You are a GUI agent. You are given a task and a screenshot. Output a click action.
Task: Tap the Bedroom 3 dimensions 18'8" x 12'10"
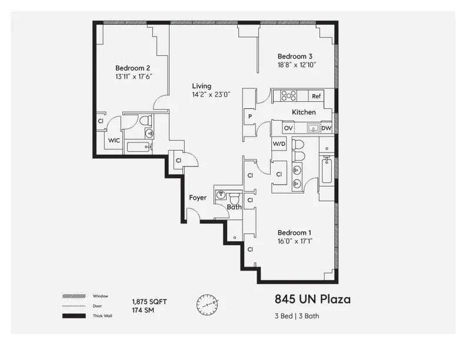tap(297, 65)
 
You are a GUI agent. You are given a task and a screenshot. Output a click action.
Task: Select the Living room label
tap(201, 86)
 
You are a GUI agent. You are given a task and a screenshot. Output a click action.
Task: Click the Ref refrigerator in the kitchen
tap(317, 96)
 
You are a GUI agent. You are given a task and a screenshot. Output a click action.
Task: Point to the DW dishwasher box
tap(326, 128)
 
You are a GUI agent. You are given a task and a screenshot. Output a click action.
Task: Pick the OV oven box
tap(288, 128)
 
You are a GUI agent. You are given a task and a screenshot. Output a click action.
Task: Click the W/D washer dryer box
tap(279, 143)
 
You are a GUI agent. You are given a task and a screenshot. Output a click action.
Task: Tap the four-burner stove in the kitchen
tap(288, 96)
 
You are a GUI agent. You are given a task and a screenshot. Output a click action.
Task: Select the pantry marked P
tap(250, 116)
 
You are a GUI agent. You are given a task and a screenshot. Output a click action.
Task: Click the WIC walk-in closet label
tap(114, 141)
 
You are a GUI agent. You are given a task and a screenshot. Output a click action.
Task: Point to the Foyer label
tap(198, 198)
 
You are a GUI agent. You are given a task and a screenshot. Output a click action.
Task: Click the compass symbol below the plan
tap(207, 304)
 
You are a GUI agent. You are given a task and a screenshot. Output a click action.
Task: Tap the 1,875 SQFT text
tap(149, 302)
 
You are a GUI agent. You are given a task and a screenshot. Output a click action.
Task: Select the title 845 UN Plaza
tap(312, 299)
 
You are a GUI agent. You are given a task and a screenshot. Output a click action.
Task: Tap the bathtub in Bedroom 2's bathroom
tap(139, 147)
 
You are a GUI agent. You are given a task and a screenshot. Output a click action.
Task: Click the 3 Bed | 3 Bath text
tap(297, 316)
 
